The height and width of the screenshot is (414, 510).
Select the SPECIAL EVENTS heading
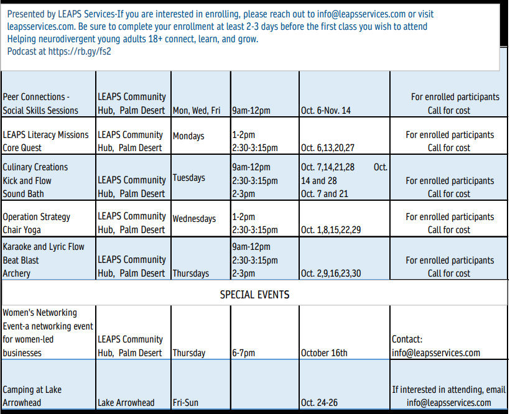pos(254,294)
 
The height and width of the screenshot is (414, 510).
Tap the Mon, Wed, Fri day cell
pos(197,111)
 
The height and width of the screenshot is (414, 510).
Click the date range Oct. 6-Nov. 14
pos(326,111)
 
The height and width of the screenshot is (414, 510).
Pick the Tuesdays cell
pos(189,178)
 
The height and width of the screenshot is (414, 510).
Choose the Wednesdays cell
pos(194,218)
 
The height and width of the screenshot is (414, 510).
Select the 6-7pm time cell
pos(244,353)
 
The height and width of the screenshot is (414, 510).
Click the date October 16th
pos(324,353)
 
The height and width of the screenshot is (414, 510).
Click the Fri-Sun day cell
pos(185,403)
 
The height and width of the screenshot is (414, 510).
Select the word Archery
pos(17,274)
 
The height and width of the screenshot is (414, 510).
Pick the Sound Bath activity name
pos(24,194)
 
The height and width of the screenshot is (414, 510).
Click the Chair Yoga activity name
pos(22,230)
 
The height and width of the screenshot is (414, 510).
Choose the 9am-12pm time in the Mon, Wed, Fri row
pos(251,111)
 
